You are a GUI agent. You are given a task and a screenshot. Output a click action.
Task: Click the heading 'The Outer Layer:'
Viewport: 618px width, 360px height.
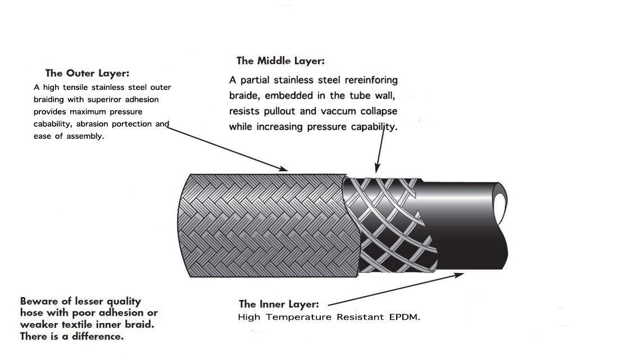pyautogui.click(x=87, y=73)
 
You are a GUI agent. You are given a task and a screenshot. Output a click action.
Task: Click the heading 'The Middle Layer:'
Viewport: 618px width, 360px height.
pyautogui.click(x=280, y=61)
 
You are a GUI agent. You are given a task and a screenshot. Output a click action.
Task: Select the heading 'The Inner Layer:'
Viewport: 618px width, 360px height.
pyautogui.click(x=279, y=304)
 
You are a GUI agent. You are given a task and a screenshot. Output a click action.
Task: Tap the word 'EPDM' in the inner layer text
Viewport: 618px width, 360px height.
pyautogui.click(x=404, y=317)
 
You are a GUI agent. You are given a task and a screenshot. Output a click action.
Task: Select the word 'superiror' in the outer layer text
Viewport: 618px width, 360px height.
pyautogui.click(x=110, y=99)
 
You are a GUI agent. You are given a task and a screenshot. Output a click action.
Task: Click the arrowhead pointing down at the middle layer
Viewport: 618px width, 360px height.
pyautogui.click(x=378, y=167)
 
